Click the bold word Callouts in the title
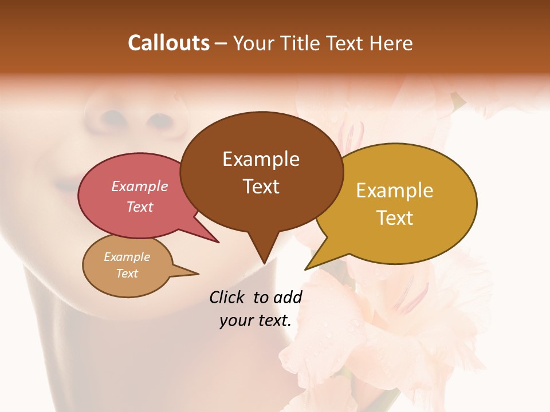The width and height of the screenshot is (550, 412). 168,43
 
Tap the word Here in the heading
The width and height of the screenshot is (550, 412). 392,43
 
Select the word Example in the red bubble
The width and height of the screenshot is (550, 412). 140,186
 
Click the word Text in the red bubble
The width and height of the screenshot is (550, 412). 140,207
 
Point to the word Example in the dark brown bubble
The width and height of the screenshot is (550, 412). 261,159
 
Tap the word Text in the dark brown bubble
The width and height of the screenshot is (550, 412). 261,187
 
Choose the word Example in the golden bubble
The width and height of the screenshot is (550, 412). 395,191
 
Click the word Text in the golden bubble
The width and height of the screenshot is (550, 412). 395,218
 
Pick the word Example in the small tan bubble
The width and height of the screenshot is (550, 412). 127,257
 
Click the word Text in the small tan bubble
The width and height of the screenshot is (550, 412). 127,274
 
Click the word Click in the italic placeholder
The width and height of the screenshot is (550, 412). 227,297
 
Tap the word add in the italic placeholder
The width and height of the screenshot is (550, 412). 287,297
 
